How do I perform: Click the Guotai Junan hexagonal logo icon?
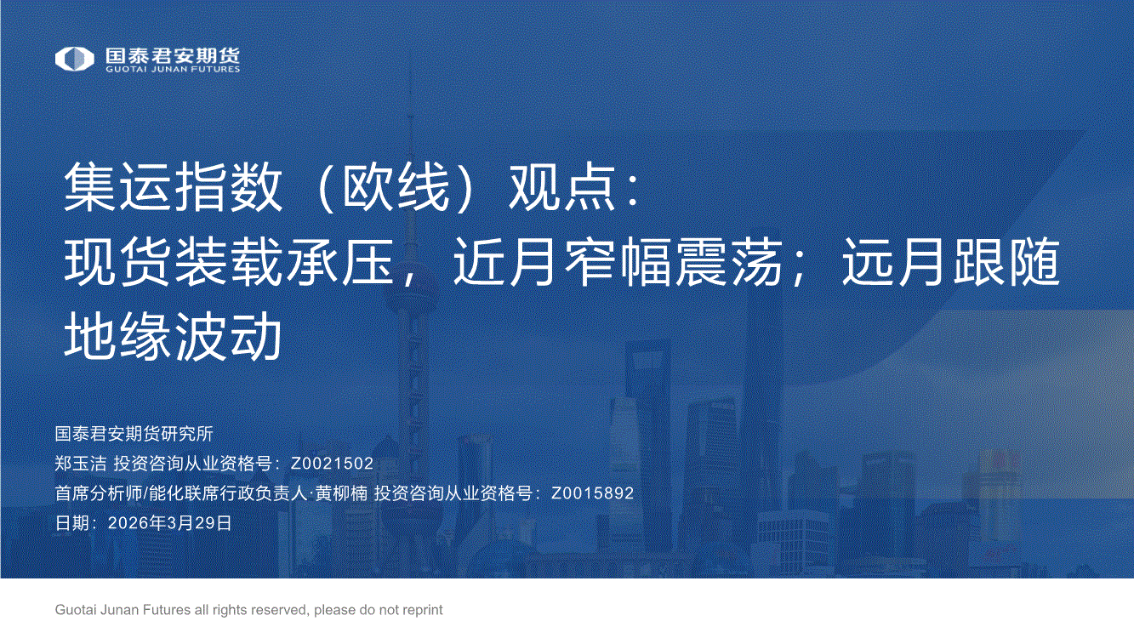pos(74,59)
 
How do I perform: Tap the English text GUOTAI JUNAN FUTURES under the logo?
pos(173,70)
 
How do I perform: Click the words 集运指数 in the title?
pos(173,187)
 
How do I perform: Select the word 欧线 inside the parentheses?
pos(396,187)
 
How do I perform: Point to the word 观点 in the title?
pos(562,187)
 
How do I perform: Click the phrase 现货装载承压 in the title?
pos(229,262)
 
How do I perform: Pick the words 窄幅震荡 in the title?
pos(673,262)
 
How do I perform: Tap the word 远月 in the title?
pos(896,262)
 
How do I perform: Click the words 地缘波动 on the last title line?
pos(173,336)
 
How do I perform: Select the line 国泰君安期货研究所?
pos(134,434)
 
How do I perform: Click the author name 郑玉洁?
pos(81,464)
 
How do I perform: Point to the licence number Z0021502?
pos(332,464)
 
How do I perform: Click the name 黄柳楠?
pos(341,493)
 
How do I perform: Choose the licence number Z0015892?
pos(592,493)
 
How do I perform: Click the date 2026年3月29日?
pos(170,522)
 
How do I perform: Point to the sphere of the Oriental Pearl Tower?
pos(410,298)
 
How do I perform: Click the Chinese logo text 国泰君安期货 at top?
pos(173,55)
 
